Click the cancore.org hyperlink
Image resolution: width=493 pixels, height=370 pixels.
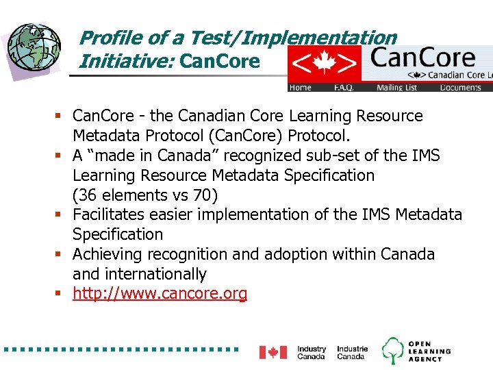pos(160,294)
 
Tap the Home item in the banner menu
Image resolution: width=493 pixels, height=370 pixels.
pos(300,88)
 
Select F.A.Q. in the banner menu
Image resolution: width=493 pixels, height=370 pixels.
pos(344,88)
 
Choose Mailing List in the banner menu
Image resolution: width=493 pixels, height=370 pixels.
pos(396,88)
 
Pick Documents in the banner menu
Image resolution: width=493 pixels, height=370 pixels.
pos(460,88)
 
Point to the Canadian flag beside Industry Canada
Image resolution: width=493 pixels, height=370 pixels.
pos(273,352)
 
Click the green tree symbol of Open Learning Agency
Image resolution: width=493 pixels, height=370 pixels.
pos(393,350)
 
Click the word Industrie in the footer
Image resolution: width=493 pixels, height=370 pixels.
pos(352,349)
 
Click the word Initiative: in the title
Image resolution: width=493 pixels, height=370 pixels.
pos(127,62)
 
